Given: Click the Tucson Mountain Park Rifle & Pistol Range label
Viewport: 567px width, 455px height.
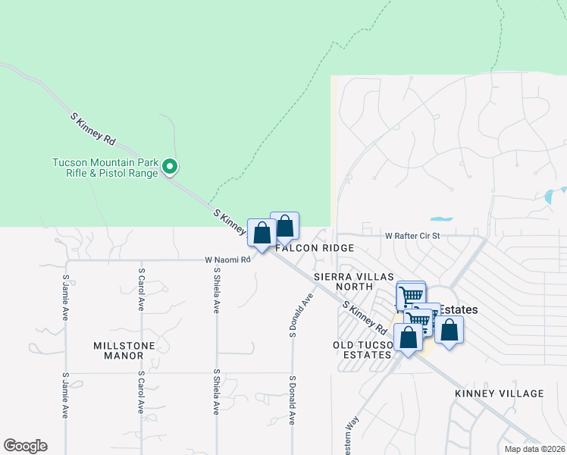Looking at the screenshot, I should [105, 167].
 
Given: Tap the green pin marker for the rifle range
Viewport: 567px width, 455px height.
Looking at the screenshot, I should [171, 166].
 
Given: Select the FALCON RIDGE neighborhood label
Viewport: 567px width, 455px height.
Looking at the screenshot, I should [315, 249].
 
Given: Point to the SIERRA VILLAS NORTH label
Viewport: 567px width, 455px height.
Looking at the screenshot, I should [343, 281].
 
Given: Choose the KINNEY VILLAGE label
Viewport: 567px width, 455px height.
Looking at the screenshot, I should [500, 394].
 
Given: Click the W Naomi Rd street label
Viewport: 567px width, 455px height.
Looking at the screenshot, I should [227, 259].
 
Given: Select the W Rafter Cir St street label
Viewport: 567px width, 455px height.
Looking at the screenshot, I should [412, 236].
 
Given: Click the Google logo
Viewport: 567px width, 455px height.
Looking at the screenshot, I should [25, 446].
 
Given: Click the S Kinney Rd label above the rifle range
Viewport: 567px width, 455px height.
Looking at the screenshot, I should [92, 130].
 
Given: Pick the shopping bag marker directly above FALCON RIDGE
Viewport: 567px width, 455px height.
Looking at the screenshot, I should [285, 226].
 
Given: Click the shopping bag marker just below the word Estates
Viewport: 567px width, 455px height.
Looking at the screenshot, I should [449, 330].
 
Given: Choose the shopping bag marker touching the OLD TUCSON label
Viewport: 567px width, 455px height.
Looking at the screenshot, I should [408, 338].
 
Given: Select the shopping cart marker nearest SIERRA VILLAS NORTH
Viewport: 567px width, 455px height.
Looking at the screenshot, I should [411, 295].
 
